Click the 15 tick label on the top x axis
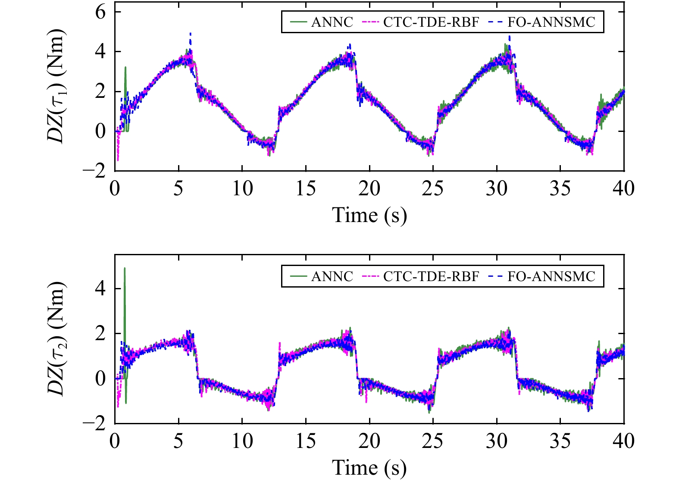[x=306, y=188]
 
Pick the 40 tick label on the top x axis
[x=623, y=188]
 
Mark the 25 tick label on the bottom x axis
[x=432, y=441]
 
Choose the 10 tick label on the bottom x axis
[x=242, y=441]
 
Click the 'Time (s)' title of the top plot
[x=369, y=215]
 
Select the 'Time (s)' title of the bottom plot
[x=369, y=468]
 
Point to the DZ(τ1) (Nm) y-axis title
[x=56, y=86]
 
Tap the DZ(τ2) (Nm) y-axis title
[x=56, y=339]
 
